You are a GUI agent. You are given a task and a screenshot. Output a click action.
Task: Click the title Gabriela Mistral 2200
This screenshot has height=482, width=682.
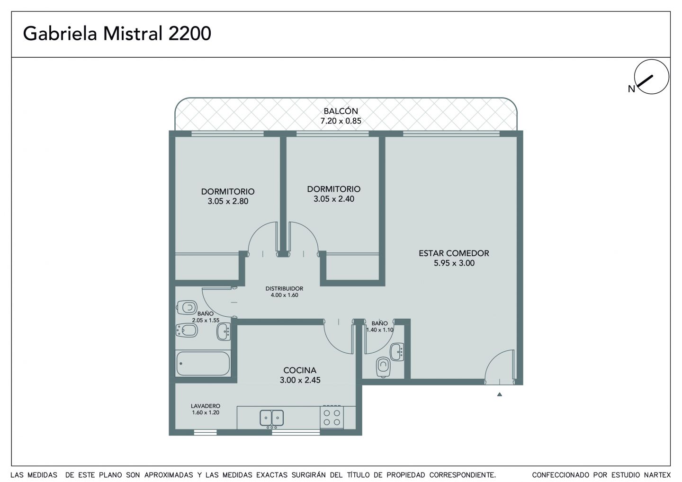click(x=117, y=34)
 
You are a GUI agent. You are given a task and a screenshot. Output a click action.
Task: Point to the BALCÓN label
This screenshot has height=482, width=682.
click(x=341, y=111)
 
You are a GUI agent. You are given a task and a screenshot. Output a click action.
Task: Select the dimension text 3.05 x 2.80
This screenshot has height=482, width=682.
click(x=228, y=201)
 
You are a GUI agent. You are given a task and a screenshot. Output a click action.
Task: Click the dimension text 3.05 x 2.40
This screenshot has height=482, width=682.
click(x=334, y=199)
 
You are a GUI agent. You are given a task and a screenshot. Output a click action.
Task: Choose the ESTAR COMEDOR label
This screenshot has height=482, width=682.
click(x=454, y=253)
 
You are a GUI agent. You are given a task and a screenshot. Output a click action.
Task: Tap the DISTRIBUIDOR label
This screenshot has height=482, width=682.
click(x=284, y=288)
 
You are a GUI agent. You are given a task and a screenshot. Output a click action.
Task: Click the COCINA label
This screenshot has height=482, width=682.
click(x=300, y=370)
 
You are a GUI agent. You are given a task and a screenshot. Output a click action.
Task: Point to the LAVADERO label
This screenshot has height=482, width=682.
click(x=206, y=406)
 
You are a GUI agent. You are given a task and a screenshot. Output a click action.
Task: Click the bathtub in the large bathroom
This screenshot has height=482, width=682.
click(x=203, y=364)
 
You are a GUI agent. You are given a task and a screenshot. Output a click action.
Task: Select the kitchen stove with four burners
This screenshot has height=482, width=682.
click(x=332, y=418)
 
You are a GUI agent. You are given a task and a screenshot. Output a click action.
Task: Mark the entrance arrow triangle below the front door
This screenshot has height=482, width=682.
click(x=499, y=395)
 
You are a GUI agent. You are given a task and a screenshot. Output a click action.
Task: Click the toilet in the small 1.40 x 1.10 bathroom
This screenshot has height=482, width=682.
click(x=383, y=367)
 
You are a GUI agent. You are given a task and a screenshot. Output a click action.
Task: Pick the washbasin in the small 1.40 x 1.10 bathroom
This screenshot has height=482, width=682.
click(x=397, y=352)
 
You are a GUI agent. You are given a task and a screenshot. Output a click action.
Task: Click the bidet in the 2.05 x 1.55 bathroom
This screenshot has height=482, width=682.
click(x=187, y=330)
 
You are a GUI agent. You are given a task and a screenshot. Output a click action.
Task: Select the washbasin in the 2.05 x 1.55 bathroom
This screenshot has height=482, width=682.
click(x=224, y=332)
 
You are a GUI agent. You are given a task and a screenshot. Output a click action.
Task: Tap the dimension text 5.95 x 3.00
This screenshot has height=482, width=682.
click(x=454, y=263)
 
